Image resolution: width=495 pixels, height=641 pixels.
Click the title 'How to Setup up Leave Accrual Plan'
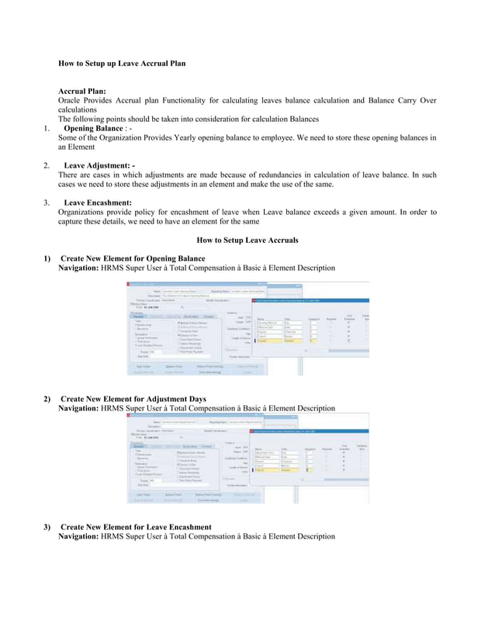coord(122,62)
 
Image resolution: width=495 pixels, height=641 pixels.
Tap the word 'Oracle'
coord(71,100)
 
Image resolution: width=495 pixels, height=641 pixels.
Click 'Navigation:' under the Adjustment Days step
coord(78,408)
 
